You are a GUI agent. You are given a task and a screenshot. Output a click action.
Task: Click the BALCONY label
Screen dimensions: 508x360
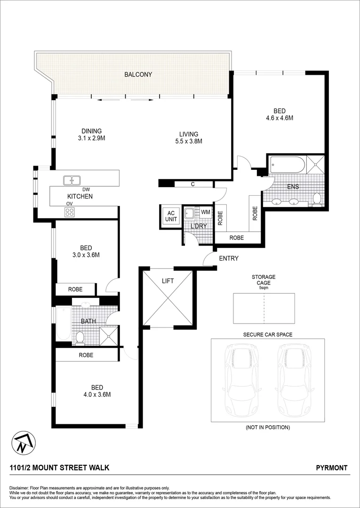tap(138, 74)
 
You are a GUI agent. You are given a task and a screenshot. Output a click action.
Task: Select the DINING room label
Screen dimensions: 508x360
tap(91, 131)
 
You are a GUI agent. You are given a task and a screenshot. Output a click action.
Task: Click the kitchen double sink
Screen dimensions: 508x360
tap(72, 180)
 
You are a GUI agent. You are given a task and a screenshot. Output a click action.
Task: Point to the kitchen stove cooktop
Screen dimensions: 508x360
tap(70, 212)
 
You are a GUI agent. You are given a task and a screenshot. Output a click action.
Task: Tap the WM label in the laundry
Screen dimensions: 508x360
tap(205, 212)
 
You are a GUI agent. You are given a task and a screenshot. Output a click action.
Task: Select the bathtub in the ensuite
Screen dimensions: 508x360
tap(287, 165)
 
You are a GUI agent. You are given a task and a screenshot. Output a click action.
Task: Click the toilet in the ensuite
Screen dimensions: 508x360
tap(317, 198)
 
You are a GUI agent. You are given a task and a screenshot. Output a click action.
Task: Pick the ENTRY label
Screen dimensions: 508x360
tap(229, 258)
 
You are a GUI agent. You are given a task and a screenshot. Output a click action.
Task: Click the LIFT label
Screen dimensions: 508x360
tap(168, 281)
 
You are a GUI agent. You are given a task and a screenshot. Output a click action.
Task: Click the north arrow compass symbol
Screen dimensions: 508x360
tap(22, 442)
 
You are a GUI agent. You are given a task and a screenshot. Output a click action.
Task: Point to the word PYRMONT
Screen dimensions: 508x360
tap(332, 468)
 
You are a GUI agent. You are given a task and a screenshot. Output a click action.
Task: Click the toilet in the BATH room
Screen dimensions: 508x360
tap(80, 337)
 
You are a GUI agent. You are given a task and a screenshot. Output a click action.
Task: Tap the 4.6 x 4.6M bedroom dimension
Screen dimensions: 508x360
tap(280, 119)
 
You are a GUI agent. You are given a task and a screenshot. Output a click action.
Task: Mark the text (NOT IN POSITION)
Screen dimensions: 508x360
tap(267, 428)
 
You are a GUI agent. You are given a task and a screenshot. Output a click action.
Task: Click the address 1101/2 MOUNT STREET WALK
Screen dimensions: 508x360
tap(60, 468)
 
